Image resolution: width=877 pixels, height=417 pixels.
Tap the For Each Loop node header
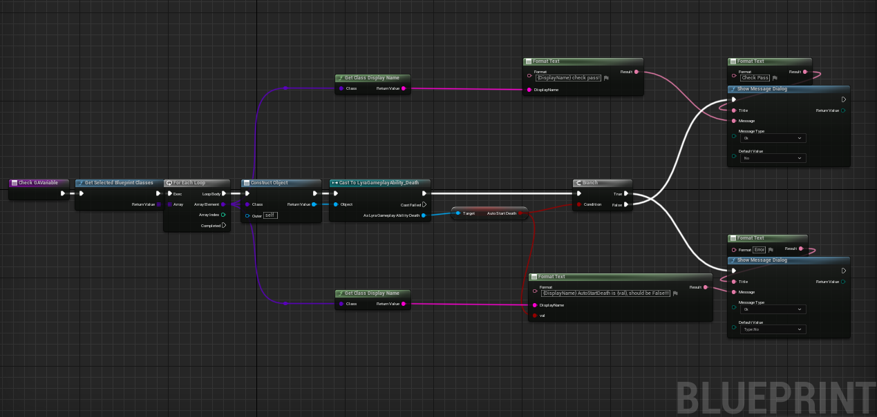click(189, 183)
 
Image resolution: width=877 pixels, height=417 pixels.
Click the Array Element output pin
click(223, 204)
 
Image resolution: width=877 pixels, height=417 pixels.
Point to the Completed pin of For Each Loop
click(223, 226)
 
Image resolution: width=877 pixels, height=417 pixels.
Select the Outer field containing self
click(270, 215)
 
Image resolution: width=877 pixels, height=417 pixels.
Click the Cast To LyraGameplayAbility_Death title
click(379, 183)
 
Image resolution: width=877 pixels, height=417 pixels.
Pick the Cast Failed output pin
click(424, 204)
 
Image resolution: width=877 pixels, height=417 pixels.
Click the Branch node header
click(590, 183)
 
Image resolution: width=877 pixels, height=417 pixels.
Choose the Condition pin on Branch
click(579, 204)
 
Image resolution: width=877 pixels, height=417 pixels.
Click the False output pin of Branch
click(626, 204)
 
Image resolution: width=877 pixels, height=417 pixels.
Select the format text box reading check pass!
click(568, 78)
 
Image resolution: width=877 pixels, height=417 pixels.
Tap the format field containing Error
click(760, 249)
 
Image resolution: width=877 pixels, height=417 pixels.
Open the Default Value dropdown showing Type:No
click(773, 329)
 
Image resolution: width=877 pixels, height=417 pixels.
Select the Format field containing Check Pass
click(755, 78)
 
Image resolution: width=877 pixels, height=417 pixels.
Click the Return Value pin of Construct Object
click(314, 204)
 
